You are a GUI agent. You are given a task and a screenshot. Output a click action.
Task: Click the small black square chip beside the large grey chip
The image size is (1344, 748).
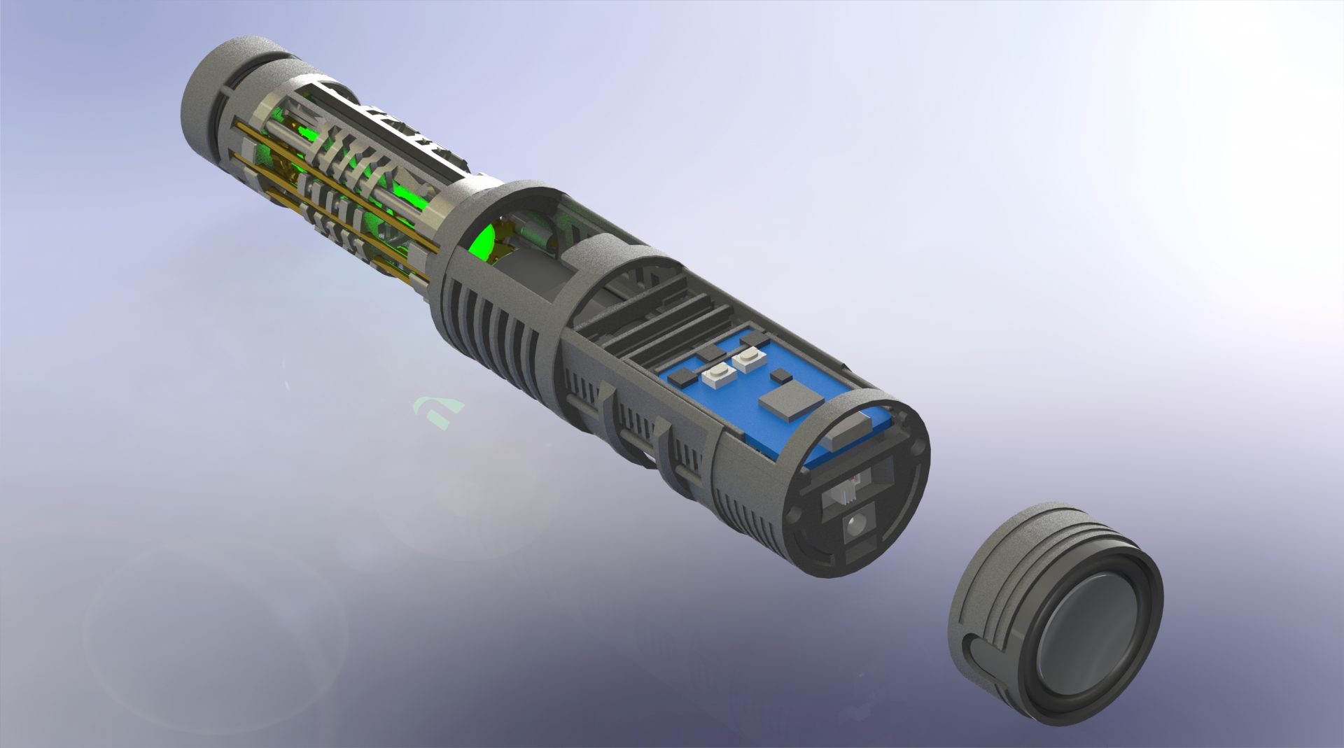click(x=778, y=376)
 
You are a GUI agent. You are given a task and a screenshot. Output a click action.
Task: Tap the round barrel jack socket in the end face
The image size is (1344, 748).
click(x=855, y=525)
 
